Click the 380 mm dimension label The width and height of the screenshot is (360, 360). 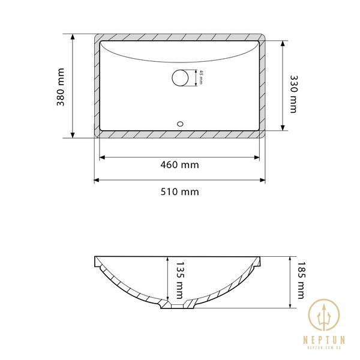(61, 87)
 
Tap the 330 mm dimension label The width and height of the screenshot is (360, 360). (293, 94)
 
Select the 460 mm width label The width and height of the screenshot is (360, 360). (179, 165)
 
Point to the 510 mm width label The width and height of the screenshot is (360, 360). (179, 192)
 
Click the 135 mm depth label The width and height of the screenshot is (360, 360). (180, 281)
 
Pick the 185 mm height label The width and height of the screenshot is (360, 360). (301, 280)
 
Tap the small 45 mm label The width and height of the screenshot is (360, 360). (201, 77)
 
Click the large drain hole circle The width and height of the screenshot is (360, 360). (180, 78)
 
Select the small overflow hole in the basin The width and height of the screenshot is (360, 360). (180, 124)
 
